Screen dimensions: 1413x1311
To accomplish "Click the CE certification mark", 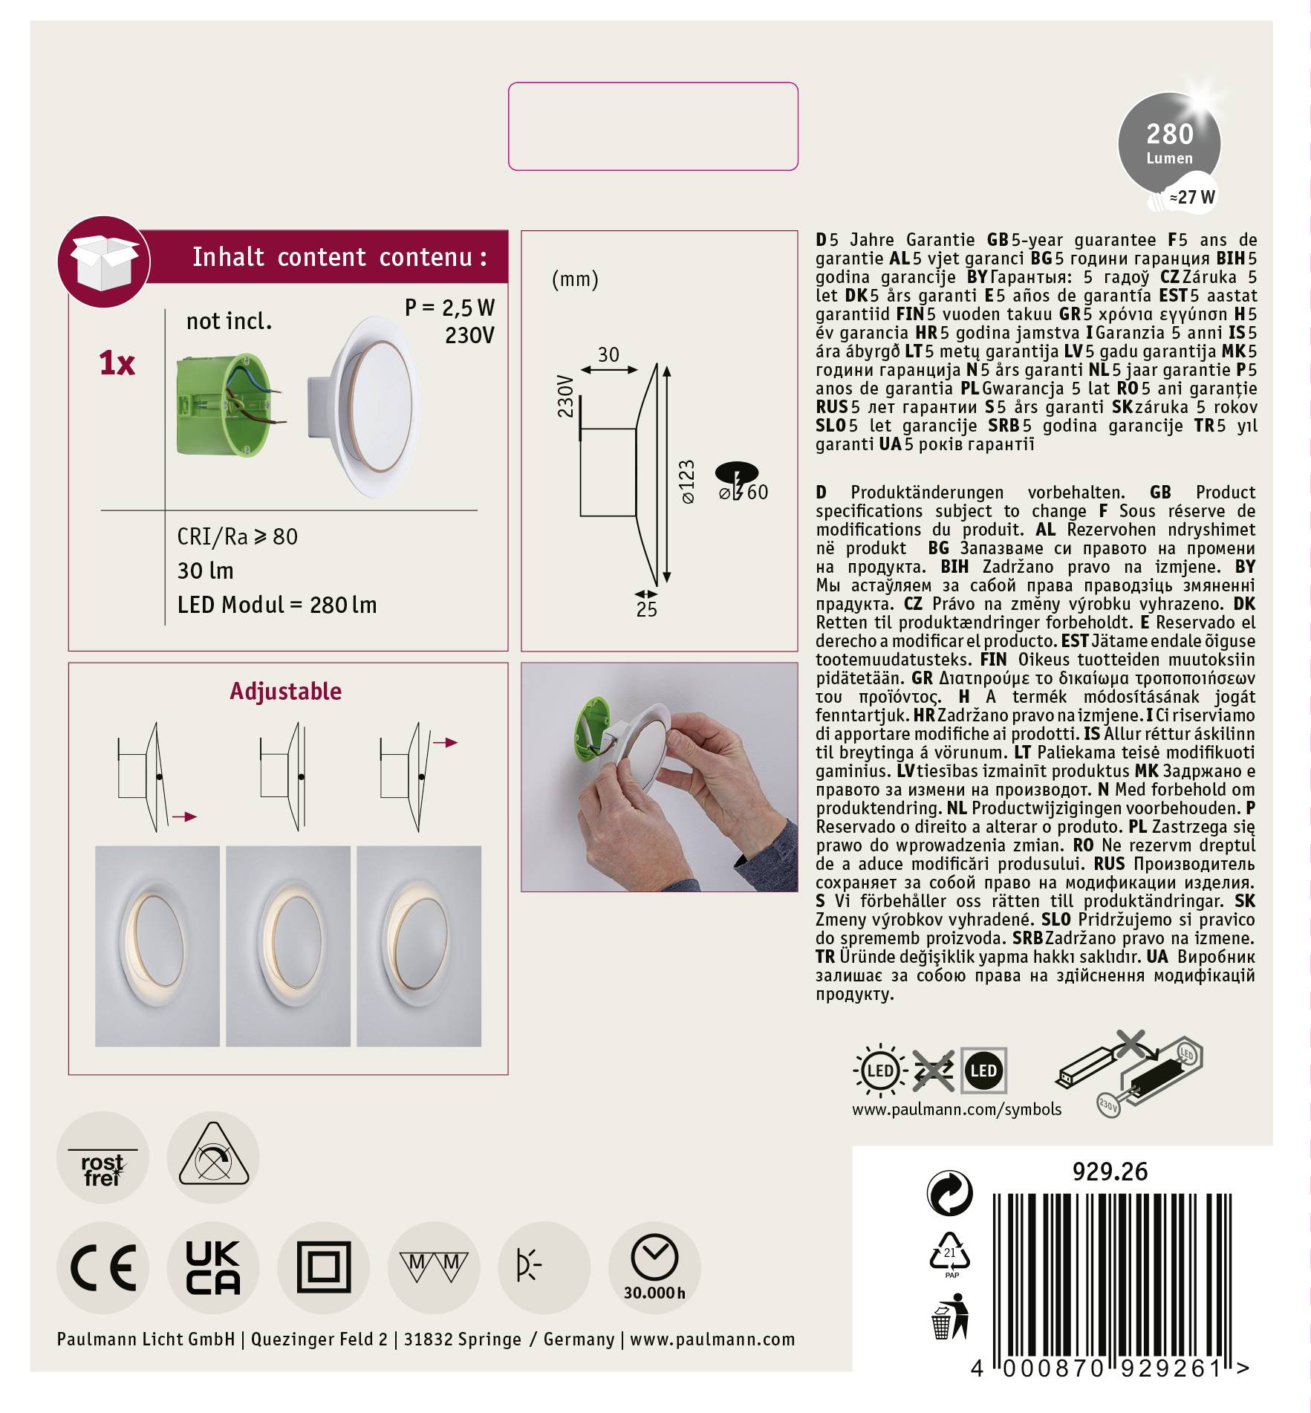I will tap(103, 1267).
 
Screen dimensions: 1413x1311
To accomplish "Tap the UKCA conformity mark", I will tap(213, 1267).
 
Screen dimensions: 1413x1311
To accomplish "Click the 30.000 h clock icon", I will tap(654, 1267).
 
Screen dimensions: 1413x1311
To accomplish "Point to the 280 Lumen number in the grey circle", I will tap(1169, 134).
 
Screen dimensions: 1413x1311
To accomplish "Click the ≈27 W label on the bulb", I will tap(1191, 197).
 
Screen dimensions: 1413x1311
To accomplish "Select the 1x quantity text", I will tap(117, 363).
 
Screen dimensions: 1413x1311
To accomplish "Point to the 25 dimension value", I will tap(646, 610).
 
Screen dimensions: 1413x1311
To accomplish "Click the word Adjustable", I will tap(286, 692).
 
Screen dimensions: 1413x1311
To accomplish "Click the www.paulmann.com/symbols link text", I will tap(956, 1109).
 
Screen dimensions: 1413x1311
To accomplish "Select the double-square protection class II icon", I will tap(324, 1267).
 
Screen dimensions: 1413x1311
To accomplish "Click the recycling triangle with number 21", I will tap(950, 1252).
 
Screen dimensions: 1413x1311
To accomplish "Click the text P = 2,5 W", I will tap(449, 308).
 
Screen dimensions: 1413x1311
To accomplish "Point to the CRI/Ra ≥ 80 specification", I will tap(237, 536).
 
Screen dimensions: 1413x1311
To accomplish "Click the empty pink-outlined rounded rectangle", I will tap(653, 126).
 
